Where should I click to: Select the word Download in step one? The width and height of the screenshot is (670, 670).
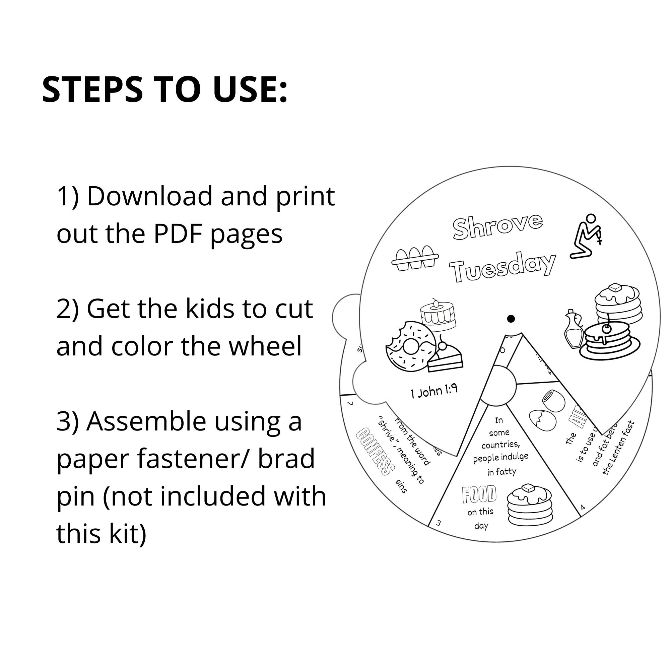pos(149,196)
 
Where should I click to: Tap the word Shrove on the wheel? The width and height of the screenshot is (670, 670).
pos(498,227)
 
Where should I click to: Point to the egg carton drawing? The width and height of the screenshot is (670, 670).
pos(415,259)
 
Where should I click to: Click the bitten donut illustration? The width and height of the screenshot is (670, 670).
pos(410,346)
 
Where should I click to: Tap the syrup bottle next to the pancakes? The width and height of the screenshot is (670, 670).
pos(574,329)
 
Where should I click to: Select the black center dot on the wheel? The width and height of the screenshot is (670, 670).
pos(511,319)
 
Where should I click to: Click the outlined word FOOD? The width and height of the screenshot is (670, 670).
pos(479,494)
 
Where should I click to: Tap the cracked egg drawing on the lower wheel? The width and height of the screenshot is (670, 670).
pos(542,420)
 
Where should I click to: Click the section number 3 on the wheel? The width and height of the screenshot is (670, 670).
pos(438,523)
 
